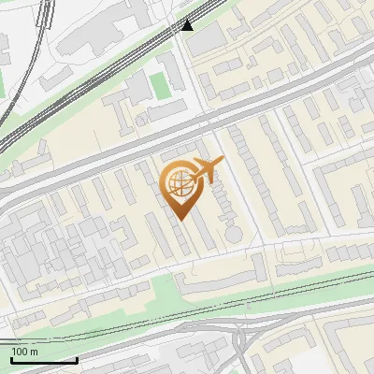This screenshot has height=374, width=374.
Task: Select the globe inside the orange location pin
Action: click(178, 182)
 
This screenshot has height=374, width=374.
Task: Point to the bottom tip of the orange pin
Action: click(179, 220)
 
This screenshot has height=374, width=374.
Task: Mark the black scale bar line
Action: click(43, 361)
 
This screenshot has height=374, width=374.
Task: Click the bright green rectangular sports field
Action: click(161, 84)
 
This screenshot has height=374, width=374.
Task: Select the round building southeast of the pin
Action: click(232, 231)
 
